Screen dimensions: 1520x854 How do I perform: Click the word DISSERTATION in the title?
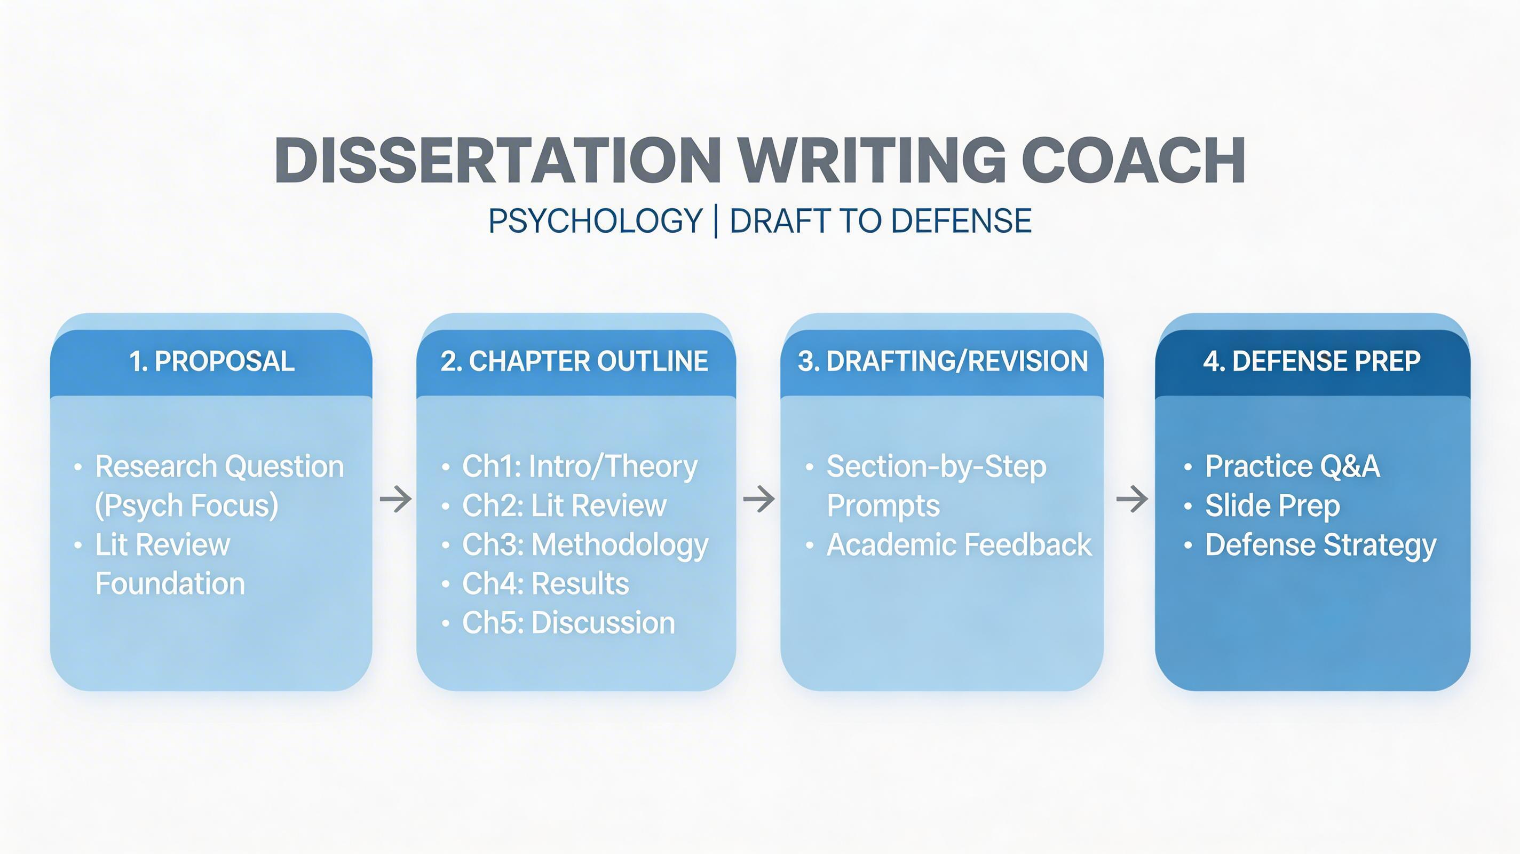(x=498, y=161)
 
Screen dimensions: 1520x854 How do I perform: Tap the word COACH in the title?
(x=1133, y=161)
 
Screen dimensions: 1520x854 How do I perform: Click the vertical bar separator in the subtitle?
(x=716, y=222)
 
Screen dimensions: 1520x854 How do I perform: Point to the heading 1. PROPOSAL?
(x=212, y=361)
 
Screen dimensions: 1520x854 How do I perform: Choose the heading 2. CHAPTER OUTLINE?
(x=574, y=361)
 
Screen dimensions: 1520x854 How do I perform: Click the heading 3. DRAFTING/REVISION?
(x=943, y=361)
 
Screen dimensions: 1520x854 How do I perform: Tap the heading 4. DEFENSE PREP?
(x=1312, y=361)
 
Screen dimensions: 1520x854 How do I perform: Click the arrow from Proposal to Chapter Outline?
(x=395, y=499)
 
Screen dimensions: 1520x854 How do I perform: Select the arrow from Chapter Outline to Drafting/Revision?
(x=758, y=499)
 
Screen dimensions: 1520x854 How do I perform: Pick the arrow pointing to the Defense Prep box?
(x=1132, y=499)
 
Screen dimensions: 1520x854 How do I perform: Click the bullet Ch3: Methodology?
(x=585, y=545)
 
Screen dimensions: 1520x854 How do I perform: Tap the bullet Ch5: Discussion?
(x=568, y=623)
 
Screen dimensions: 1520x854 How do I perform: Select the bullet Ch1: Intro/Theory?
(x=580, y=467)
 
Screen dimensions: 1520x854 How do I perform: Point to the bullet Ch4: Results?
(x=545, y=584)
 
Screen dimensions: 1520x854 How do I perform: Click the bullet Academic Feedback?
(x=959, y=545)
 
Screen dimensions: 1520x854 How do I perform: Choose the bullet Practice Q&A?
(x=1292, y=467)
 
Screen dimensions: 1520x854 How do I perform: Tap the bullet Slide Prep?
(x=1272, y=507)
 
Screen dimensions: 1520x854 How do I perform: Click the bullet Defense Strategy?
(x=1320, y=545)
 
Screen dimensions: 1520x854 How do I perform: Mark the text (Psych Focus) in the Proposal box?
(x=186, y=507)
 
